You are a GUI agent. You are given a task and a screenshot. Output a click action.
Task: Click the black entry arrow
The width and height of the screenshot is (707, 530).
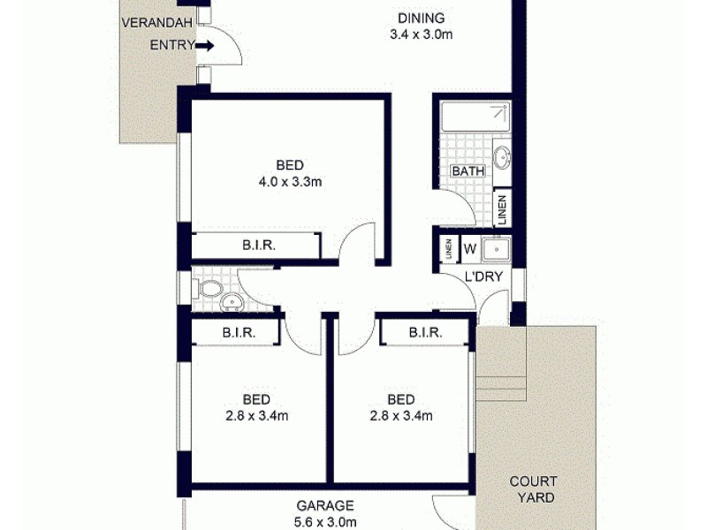click(204, 45)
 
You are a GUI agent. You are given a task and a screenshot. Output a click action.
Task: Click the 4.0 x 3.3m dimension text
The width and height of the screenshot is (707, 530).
click(290, 183)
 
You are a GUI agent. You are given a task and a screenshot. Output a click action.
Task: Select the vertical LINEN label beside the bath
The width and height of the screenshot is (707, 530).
click(502, 209)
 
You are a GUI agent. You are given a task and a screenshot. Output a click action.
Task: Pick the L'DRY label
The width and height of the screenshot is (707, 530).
click(483, 276)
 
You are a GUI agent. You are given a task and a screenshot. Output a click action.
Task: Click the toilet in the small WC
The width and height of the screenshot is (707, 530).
click(209, 289)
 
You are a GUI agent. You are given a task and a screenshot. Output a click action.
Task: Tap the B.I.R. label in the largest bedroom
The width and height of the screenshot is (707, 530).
click(259, 246)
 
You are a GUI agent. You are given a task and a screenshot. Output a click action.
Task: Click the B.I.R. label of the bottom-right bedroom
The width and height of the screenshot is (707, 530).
click(425, 332)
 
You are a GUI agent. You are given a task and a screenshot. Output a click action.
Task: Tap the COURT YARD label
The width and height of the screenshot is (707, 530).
click(533, 489)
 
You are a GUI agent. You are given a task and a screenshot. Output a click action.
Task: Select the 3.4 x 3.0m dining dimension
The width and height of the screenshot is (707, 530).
click(421, 35)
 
